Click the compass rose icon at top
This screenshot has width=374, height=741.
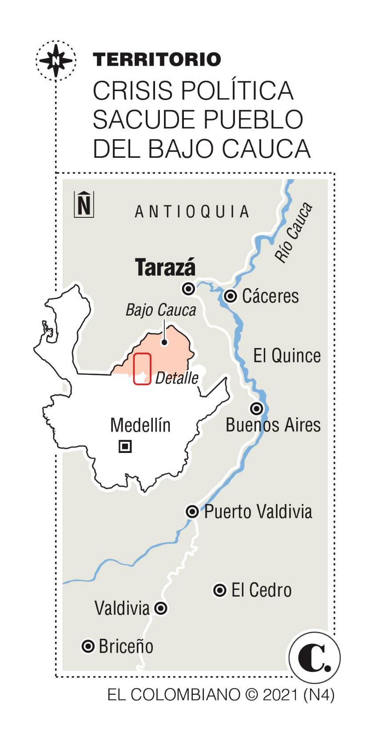click(56, 60)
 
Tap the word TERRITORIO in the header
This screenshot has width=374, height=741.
click(157, 60)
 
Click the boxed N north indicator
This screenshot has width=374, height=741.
click(84, 204)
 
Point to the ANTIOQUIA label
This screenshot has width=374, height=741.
click(192, 212)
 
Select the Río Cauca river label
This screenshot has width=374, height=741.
click(293, 232)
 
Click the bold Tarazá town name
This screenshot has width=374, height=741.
click(165, 267)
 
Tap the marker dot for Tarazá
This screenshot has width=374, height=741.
click(189, 289)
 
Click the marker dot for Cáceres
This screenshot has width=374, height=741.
click(230, 296)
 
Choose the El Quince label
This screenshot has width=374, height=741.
click(287, 356)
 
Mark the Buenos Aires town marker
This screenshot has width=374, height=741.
click(256, 408)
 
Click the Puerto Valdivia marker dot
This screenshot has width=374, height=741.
click(192, 512)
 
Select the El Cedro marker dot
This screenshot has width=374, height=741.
click(220, 590)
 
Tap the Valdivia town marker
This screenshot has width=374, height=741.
click(161, 608)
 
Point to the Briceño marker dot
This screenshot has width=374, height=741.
click(88, 646)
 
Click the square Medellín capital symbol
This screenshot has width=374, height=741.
click(126, 446)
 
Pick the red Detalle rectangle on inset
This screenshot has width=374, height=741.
click(143, 368)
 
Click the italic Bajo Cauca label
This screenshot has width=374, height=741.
click(161, 310)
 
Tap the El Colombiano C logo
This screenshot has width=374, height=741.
click(314, 658)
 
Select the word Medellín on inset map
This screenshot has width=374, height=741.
click(140, 425)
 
